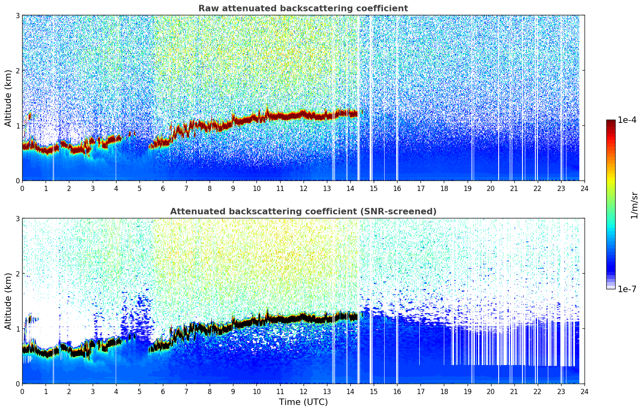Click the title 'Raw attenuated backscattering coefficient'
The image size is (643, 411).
coord(303,8)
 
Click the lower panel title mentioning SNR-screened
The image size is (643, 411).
coord(303,212)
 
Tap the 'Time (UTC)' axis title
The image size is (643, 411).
coord(303,402)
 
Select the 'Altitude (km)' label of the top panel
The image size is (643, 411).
coord(8,98)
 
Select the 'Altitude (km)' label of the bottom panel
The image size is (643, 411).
coord(8,301)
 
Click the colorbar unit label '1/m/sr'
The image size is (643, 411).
coord(634,205)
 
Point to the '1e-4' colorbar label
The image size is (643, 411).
coord(627,120)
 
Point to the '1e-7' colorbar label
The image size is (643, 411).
coord(627,289)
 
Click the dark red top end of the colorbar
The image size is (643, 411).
coord(611,122)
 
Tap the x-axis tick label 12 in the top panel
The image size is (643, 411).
coord(303,188)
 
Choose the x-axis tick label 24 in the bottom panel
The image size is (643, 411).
coord(584,391)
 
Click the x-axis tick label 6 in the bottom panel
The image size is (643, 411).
coord(163,391)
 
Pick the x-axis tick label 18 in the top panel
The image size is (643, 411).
coord(444,188)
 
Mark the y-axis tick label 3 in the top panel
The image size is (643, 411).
coord(18,15)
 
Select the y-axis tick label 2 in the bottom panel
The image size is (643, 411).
coord(18,274)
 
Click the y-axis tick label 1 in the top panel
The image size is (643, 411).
coord(18,126)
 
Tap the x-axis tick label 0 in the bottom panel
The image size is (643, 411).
coord(22,391)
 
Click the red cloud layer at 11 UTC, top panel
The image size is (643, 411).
coord(280,116)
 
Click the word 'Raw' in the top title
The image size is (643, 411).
coord(206,8)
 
